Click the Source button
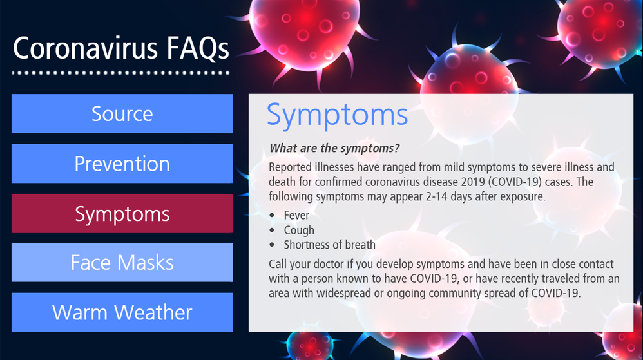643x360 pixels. click(122, 113)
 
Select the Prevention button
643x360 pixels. click(122, 164)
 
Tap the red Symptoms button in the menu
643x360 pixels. click(122, 214)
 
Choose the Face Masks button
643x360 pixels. click(122, 262)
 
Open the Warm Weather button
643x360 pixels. click(122, 312)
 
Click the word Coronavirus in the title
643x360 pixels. click(85, 48)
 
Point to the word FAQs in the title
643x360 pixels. click(198, 49)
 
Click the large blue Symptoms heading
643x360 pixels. click(337, 115)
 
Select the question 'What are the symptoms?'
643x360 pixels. click(334, 148)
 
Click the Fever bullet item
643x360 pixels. click(296, 215)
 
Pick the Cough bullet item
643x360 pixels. click(299, 231)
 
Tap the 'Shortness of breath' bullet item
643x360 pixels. click(330, 245)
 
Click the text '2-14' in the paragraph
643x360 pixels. click(437, 196)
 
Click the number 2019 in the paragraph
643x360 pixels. click(472, 182)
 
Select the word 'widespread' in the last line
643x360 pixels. click(343, 294)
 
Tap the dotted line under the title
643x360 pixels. click(121, 73)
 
